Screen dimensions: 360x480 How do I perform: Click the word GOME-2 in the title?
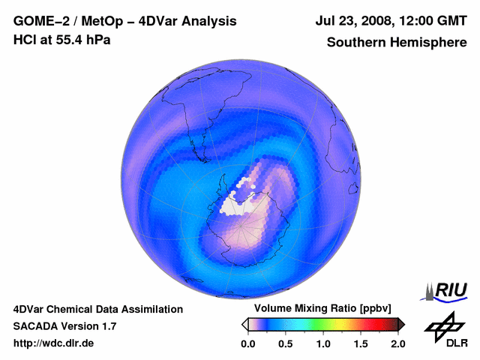38,22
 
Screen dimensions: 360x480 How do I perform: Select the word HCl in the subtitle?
25,40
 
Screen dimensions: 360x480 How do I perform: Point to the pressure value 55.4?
70,40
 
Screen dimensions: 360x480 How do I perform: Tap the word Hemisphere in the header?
429,43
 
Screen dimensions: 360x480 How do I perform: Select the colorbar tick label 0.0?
247,343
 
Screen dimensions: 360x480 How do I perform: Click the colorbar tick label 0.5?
286,343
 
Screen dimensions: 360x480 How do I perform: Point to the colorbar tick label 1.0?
323,343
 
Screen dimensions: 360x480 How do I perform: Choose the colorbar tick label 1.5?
361,343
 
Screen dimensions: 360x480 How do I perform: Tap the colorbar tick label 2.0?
397,343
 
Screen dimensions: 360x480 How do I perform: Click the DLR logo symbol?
445,325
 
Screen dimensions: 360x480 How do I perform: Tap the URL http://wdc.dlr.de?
54,343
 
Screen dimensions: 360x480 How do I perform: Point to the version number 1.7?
109,326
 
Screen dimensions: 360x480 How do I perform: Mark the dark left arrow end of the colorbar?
244,324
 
